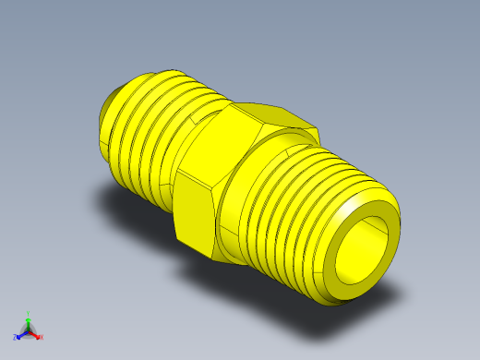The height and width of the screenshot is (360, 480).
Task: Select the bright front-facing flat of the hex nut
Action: click(196, 213)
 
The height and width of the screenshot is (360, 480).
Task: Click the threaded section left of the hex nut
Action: click(152, 129)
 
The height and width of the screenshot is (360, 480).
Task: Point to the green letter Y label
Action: click(29, 313)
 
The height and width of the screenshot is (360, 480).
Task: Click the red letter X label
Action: click(42, 336)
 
